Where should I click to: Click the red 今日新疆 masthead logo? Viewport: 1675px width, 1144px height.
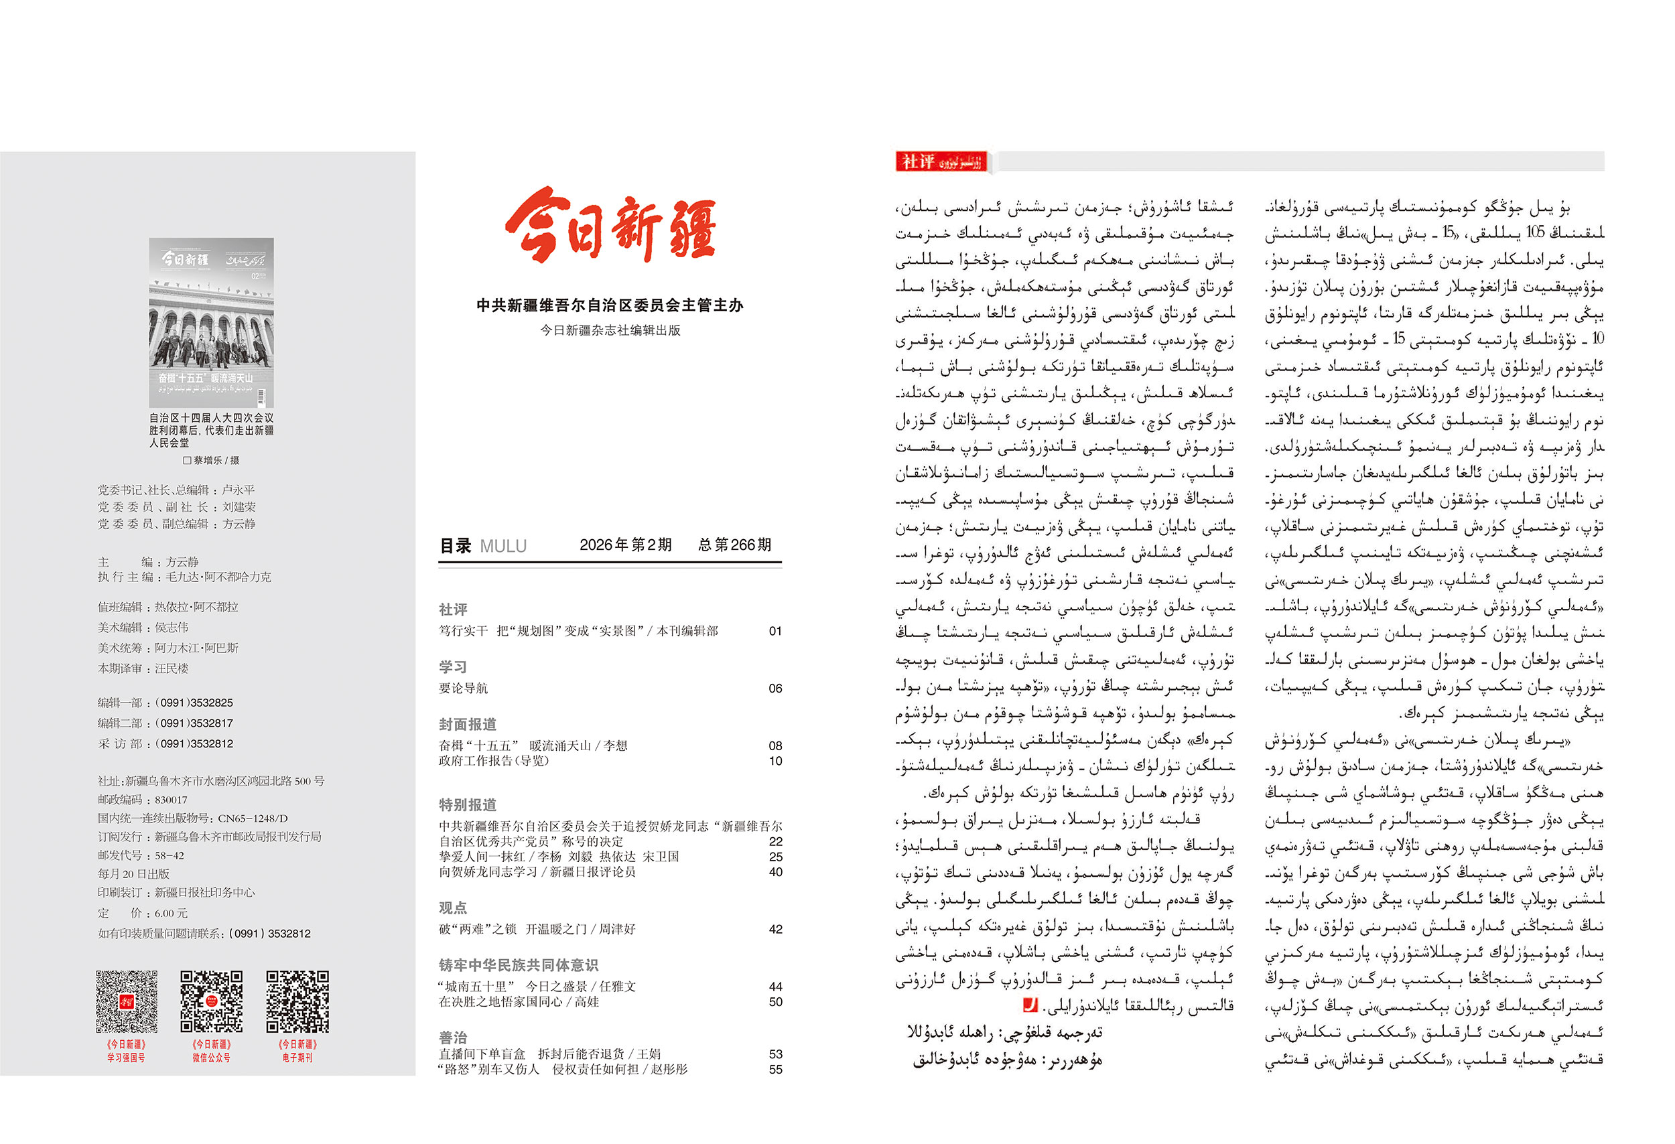[x=610, y=225]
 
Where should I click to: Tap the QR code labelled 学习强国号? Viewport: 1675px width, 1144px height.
[x=127, y=1001]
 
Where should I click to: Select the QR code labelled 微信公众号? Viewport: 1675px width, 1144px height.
[x=211, y=1001]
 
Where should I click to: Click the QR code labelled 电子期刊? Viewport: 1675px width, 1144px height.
[x=297, y=1001]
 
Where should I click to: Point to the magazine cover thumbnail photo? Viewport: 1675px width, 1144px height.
[x=211, y=322]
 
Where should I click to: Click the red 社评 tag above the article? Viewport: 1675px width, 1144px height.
[x=941, y=161]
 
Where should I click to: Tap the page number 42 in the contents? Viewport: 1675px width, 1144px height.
[x=775, y=929]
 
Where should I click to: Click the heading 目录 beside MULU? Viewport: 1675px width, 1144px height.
[x=456, y=545]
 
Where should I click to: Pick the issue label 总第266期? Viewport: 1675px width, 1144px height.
[x=734, y=545]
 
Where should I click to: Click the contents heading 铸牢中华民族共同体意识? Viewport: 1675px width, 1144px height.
[x=518, y=964]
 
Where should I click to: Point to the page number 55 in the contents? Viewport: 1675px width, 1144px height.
[x=775, y=1070]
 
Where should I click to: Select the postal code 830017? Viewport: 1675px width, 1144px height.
[x=171, y=800]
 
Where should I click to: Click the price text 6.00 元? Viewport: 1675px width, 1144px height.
[x=171, y=913]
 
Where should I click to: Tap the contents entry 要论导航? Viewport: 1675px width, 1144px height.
[x=464, y=689]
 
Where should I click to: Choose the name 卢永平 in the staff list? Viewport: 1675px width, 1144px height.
[x=239, y=490]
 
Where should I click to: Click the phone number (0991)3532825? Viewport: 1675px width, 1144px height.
[x=194, y=703]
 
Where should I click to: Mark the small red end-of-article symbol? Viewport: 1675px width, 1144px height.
[x=1030, y=1005]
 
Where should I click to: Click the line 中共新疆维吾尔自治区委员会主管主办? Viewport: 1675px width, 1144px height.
[x=610, y=305]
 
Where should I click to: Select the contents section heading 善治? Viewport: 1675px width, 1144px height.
[x=453, y=1038]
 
